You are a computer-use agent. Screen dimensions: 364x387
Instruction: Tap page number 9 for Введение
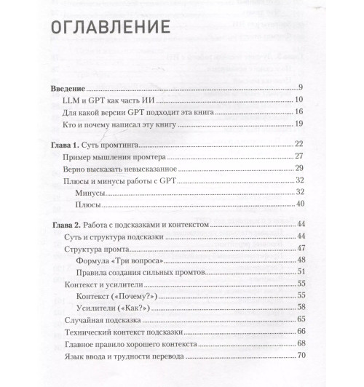[309, 87]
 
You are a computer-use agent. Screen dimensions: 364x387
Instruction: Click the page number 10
[308, 100]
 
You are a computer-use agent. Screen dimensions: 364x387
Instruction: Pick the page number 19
[308, 124]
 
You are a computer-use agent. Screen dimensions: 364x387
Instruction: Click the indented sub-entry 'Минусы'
[90, 193]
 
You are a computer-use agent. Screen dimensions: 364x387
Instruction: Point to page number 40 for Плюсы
[308, 206]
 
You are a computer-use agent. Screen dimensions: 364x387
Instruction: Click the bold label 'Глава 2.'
[66, 226]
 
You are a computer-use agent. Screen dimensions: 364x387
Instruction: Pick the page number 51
[308, 273]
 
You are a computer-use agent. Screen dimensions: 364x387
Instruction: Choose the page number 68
[308, 344]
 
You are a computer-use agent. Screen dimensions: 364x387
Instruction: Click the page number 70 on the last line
[308, 356]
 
